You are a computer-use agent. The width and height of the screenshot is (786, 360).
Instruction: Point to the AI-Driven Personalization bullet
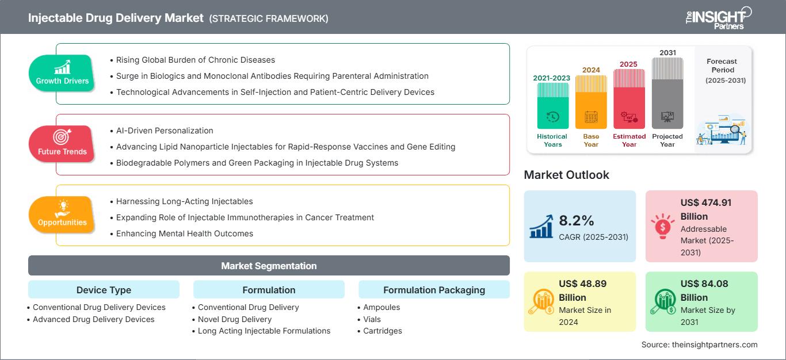(x=165, y=131)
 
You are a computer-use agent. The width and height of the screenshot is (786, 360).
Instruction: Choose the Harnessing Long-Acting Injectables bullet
(x=184, y=201)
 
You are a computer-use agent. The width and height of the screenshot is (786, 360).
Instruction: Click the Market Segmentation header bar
(x=269, y=266)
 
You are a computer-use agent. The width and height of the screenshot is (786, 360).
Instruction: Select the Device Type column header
(x=104, y=290)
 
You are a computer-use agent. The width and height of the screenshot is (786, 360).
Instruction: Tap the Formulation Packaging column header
(x=434, y=290)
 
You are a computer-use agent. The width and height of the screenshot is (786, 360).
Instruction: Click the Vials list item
(x=372, y=319)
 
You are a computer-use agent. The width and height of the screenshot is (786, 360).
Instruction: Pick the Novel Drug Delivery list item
(x=234, y=319)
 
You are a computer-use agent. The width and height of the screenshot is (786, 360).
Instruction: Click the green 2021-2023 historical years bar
(x=552, y=106)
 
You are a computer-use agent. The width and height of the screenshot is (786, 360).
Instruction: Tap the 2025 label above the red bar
(x=629, y=64)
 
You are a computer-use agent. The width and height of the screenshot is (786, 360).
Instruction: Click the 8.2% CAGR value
(x=576, y=220)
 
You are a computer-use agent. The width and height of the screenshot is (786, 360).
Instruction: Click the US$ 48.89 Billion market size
(x=582, y=290)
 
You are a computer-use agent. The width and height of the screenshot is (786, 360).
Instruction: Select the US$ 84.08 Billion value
(x=704, y=290)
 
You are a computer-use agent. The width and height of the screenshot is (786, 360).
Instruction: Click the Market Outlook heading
(x=566, y=175)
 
